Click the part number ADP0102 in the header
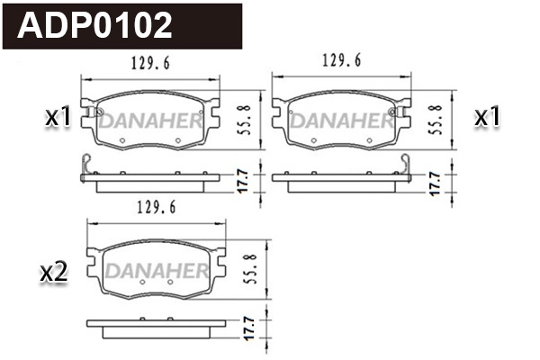pos(96,25)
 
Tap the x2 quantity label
pos(55,272)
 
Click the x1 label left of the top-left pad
pos(58,116)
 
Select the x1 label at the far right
pos(486,116)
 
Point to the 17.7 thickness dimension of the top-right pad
pos(435,180)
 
